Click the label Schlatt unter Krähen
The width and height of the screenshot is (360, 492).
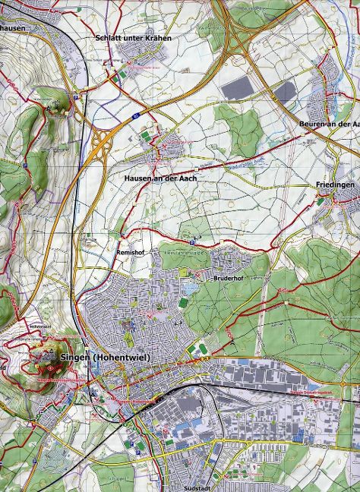[133, 36]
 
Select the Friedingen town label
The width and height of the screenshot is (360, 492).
[335, 184]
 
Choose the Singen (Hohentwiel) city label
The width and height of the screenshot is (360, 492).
[100, 357]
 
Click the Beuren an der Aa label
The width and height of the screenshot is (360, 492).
[326, 124]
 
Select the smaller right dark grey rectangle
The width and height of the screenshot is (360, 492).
[283, 92]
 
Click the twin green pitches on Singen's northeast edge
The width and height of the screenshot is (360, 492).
[202, 350]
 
